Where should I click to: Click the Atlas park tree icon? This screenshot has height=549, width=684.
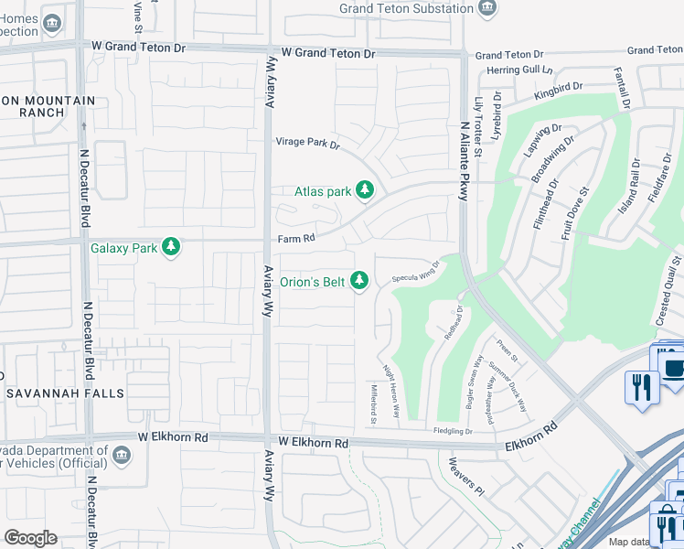point(366,190)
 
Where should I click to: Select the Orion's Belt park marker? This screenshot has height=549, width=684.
point(359,280)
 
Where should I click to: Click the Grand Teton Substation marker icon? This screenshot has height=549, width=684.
point(488,8)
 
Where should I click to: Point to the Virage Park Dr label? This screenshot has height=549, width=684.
point(307,143)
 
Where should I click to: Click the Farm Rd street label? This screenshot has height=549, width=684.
point(296,239)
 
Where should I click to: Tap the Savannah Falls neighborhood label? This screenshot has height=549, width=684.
point(65,393)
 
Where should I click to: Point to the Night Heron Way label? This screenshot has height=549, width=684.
point(391,392)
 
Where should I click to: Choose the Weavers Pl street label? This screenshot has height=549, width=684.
point(466,477)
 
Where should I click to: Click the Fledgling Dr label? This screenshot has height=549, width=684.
point(454,431)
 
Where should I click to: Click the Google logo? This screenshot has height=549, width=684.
point(30,537)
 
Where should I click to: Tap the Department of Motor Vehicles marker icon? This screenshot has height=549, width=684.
point(122,454)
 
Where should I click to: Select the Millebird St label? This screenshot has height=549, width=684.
point(373,404)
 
